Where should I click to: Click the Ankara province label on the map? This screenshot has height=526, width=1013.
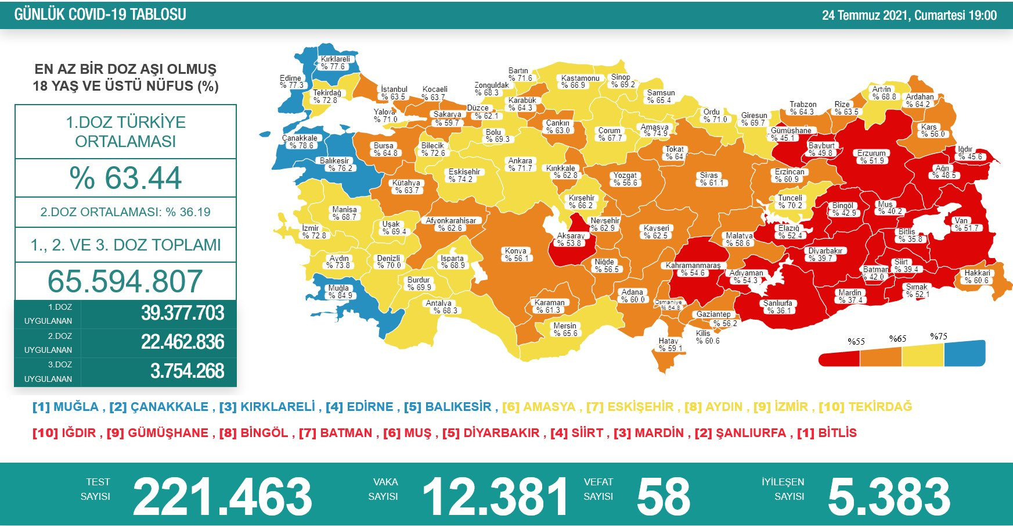520,164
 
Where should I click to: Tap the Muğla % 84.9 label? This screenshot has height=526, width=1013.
340,292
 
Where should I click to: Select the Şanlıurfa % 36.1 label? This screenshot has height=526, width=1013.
778,307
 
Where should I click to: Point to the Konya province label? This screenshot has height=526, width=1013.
516,255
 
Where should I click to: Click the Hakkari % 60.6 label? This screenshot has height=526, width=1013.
978,277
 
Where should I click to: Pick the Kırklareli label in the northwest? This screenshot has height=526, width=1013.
335,63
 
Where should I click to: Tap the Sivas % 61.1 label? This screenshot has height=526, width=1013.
709,179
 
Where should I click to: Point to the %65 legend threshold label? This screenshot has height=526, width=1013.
897,338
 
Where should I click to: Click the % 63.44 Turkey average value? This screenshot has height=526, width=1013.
125,178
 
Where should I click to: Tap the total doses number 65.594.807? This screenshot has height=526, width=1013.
125,281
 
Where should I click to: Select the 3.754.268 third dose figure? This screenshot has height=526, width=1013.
187,371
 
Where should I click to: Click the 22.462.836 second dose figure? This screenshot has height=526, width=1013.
182,342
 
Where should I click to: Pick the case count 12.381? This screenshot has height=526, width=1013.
495,497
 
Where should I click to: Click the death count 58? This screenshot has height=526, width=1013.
663,497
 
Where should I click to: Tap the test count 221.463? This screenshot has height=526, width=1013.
222,497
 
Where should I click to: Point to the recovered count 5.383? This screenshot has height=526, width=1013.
889,497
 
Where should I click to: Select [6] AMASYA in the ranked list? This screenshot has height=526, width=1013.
538,407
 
